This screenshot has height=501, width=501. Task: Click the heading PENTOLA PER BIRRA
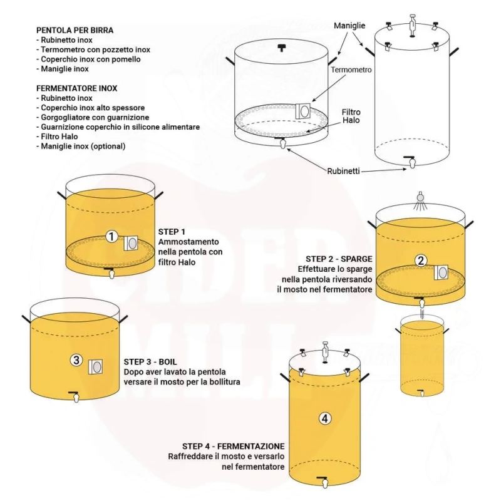tap(75, 30)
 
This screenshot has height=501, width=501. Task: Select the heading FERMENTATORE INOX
tap(76, 88)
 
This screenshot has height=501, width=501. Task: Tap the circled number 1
tap(111, 237)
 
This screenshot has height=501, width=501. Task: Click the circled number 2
tap(421, 261)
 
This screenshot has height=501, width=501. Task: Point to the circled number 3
tap(76, 360)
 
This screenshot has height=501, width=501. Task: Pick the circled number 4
tap(325, 418)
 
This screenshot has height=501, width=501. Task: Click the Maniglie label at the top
tap(349, 26)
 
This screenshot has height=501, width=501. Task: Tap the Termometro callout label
tap(351, 70)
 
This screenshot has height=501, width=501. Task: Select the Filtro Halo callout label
tap(351, 116)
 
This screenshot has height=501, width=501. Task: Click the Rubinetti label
tap(343, 171)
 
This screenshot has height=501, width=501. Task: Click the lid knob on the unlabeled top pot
tap(281, 48)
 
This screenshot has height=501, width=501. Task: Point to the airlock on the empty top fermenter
tap(412, 26)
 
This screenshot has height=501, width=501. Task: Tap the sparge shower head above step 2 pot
tap(420, 200)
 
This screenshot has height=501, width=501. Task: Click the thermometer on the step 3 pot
tap(96, 367)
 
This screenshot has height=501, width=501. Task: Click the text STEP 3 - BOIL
tap(150, 362)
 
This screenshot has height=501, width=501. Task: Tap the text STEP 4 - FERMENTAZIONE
tap(233, 446)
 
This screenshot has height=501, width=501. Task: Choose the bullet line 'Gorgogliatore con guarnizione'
tap(93, 117)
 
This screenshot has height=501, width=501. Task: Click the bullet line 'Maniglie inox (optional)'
tap(81, 146)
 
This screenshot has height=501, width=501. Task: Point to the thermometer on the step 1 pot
tap(131, 244)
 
